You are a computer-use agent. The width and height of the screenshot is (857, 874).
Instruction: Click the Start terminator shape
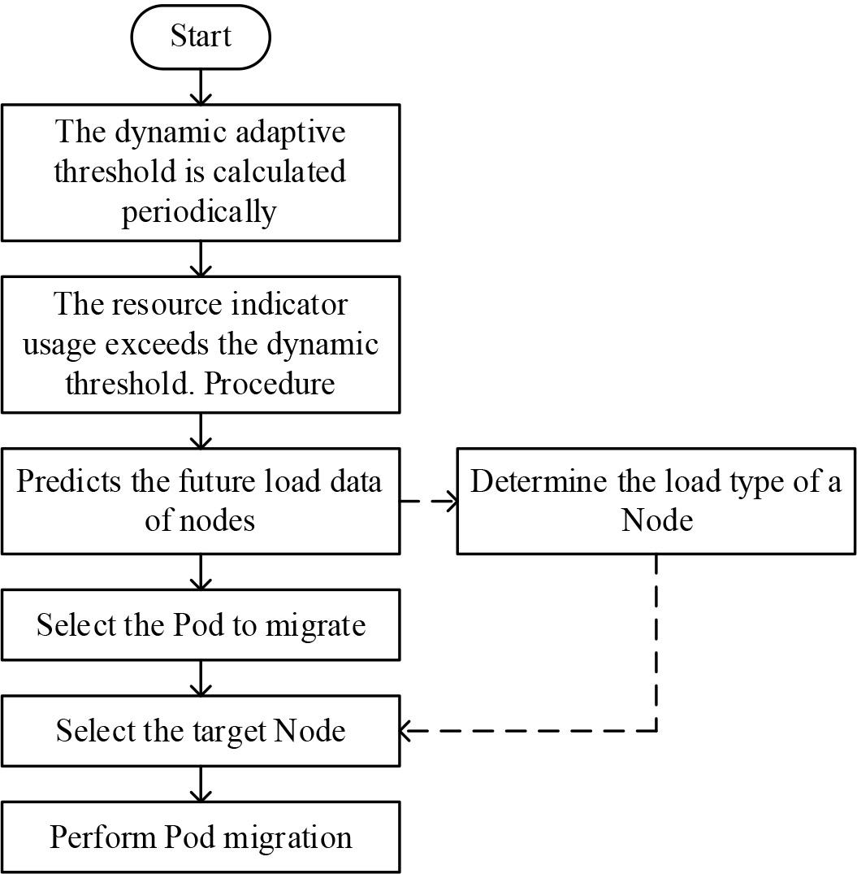[x=200, y=37]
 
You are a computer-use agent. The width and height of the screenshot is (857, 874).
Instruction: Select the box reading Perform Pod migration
[x=200, y=837]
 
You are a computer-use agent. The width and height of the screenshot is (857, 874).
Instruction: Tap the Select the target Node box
[x=200, y=730]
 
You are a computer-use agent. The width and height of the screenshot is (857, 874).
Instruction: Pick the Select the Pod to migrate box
[x=200, y=624]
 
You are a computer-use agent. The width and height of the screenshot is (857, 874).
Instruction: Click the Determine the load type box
[x=656, y=501]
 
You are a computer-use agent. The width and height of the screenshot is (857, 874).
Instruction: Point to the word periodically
[x=199, y=211]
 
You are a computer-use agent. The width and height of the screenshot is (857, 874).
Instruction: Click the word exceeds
[x=162, y=343]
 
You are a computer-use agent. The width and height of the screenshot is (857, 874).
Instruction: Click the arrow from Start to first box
[x=200, y=88]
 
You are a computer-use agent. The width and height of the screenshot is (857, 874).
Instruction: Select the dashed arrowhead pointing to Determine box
[x=448, y=501]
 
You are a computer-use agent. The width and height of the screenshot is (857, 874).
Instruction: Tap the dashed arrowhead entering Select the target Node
[x=409, y=731]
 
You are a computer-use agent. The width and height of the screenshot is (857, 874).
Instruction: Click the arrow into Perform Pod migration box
[x=200, y=785]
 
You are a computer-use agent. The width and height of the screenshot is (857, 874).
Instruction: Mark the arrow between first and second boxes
[x=200, y=259]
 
